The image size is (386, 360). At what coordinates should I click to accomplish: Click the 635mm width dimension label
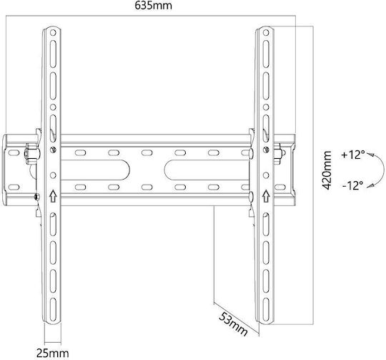tap(153, 6)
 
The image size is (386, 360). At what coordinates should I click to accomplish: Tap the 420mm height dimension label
tap(327, 170)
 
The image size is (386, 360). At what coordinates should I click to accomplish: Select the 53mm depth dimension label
tap(233, 323)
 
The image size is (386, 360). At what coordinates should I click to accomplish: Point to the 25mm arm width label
tap(53, 354)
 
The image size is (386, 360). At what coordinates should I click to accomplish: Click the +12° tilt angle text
tap(353, 155)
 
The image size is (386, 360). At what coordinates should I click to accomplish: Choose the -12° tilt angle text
tap(352, 185)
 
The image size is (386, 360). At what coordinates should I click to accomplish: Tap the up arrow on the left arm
tap(53, 196)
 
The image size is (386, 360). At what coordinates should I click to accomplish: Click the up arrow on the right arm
tap(266, 196)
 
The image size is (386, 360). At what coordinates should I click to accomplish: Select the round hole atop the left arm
tap(53, 32)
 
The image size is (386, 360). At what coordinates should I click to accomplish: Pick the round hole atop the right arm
tap(266, 32)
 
